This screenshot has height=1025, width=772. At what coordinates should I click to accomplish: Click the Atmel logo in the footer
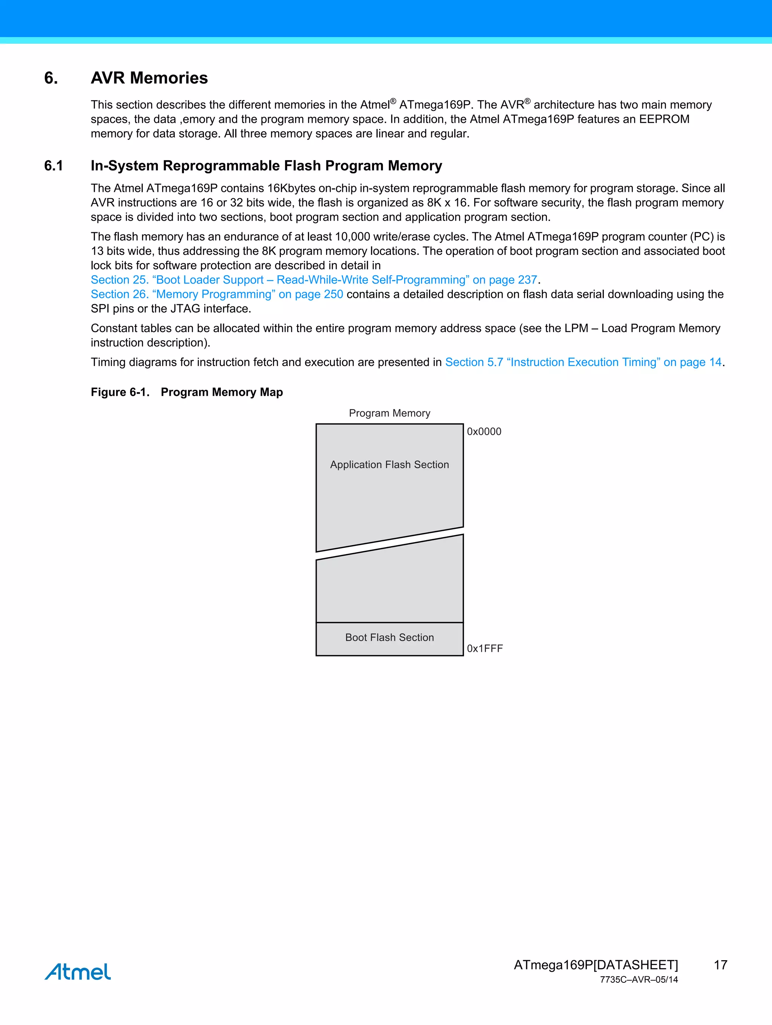coord(77,972)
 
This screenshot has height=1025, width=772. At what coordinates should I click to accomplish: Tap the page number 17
coord(720,965)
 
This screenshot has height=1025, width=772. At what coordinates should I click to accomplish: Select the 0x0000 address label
coord(484,431)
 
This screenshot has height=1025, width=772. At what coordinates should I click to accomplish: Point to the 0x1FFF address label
coord(485,648)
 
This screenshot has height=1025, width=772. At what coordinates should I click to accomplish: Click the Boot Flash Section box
coord(389,638)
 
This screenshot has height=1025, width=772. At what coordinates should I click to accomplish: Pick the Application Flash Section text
coord(389,464)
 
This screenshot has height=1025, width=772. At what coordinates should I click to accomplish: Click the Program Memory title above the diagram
coord(389,413)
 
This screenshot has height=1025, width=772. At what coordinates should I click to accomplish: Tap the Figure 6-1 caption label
coord(120,392)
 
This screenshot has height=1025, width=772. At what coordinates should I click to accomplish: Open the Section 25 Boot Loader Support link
coord(314,280)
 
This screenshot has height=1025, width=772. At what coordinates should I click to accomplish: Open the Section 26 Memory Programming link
coord(216,294)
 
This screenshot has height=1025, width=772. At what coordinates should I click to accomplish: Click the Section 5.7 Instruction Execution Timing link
coord(583,362)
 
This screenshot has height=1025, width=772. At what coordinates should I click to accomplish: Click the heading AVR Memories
coord(149,78)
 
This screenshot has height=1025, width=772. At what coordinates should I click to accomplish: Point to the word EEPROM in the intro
coord(664,119)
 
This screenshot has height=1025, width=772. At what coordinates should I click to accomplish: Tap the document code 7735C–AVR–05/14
coord(639,980)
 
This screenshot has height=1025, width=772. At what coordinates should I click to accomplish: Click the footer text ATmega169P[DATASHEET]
coord(596,965)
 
